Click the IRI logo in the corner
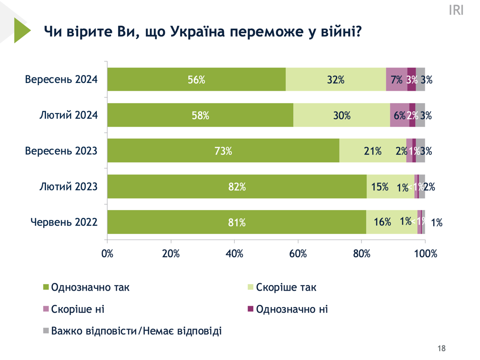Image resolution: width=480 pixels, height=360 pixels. [x=456, y=10]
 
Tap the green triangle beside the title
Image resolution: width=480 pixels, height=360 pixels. [x=21, y=30]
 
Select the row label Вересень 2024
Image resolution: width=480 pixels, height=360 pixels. [x=61, y=79]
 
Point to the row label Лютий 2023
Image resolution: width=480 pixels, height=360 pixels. [x=68, y=186]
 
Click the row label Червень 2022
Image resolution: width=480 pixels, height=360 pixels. [x=64, y=222]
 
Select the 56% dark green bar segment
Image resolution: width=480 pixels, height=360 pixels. [x=196, y=79]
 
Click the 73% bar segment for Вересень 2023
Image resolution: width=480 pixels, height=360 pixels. [x=223, y=150]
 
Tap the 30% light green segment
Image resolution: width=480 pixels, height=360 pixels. [x=341, y=115]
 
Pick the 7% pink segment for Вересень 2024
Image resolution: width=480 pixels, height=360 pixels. [x=396, y=79]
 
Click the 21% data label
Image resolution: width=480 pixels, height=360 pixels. [x=372, y=151]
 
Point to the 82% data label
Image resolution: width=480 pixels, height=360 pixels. [x=237, y=187]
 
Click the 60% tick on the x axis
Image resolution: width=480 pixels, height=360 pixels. [x=298, y=254]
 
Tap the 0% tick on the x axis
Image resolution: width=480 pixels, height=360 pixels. [x=108, y=254]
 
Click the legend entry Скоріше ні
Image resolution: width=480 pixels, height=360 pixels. [x=77, y=309]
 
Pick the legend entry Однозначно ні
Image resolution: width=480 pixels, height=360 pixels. [x=292, y=309]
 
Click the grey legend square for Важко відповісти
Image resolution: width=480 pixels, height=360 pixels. [x=46, y=331]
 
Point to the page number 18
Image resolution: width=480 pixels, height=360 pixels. [x=441, y=348]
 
